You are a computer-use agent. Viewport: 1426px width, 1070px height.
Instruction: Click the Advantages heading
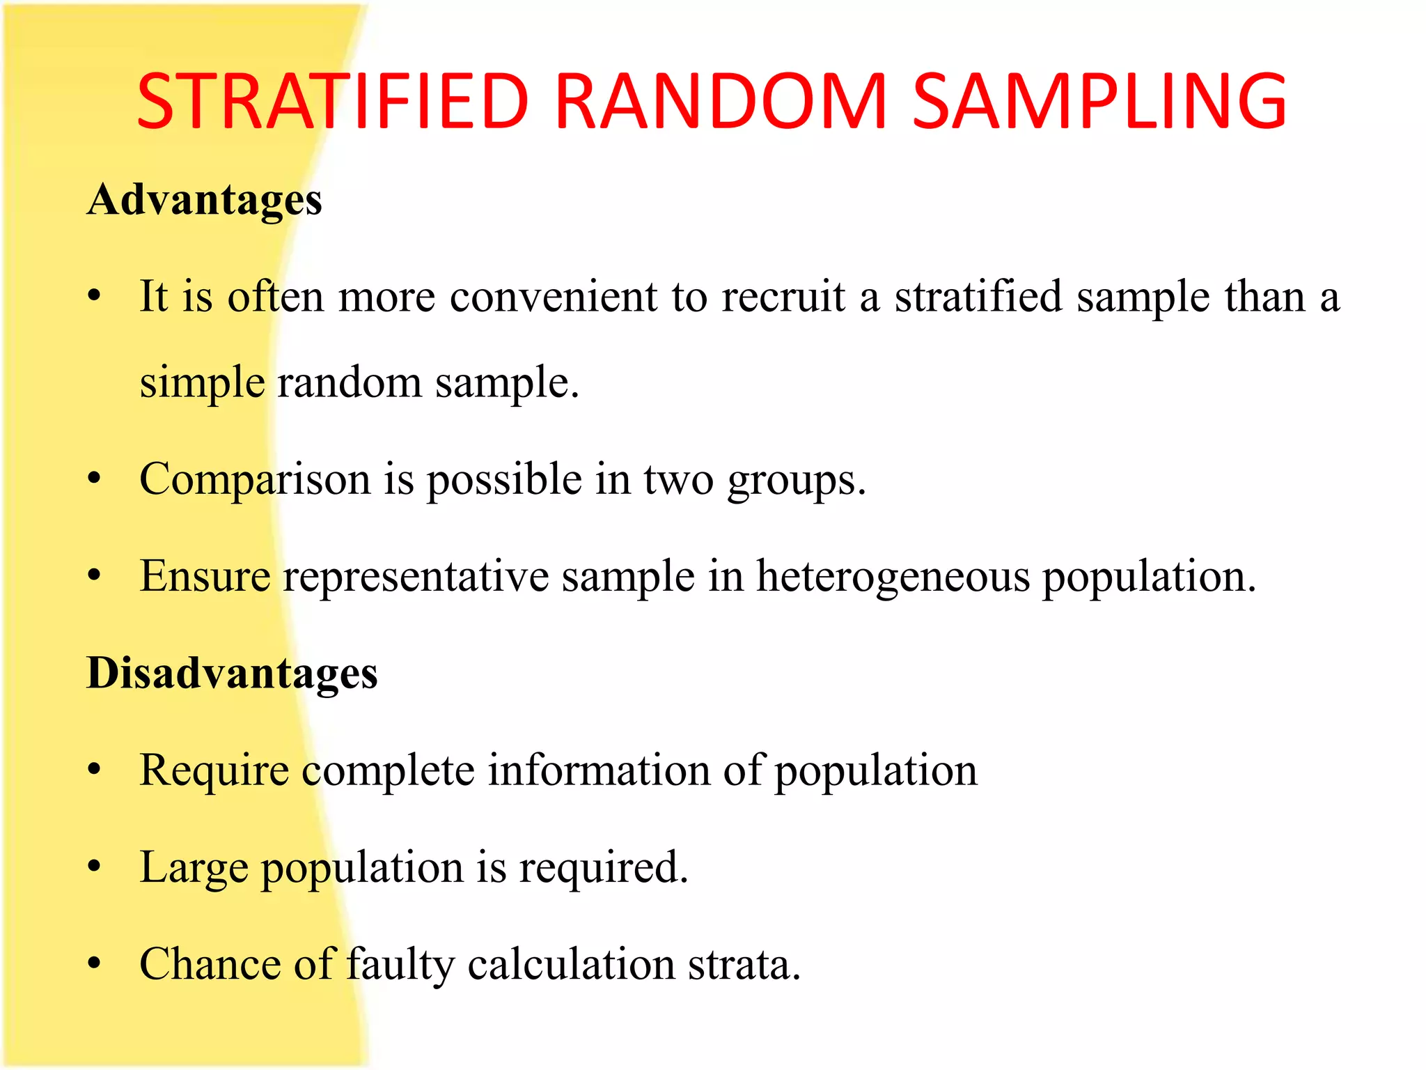pyautogui.click(x=205, y=201)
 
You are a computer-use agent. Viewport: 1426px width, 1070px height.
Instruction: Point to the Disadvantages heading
pyautogui.click(x=232, y=674)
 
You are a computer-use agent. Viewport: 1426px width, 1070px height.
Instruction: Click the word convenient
pyautogui.click(x=553, y=297)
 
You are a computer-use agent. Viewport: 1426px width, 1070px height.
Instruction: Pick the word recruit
pyautogui.click(x=783, y=297)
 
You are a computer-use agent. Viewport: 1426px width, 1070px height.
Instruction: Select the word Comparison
pyautogui.click(x=255, y=481)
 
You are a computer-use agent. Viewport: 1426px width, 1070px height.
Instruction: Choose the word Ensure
pyautogui.click(x=205, y=577)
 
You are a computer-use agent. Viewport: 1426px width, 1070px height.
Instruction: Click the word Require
pyautogui.click(x=214, y=772)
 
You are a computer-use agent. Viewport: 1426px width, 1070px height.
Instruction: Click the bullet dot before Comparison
pyautogui.click(x=95, y=479)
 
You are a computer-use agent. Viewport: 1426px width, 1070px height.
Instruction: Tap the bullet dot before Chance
pyautogui.click(x=95, y=964)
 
